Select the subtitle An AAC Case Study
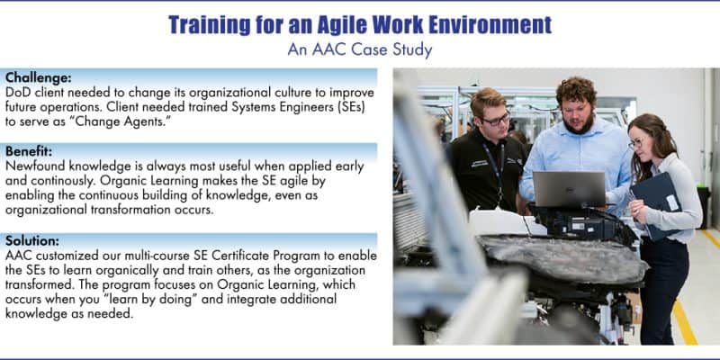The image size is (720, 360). tap(359, 49)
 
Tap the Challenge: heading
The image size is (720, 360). tap(39, 76)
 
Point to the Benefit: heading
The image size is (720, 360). tap(29, 150)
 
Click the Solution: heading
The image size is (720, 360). tap(32, 240)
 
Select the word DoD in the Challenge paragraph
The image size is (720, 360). tap(18, 93)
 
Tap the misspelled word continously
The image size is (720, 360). tap(67, 182)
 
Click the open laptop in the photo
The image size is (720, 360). tap(569, 189)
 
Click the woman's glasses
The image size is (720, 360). tap(636, 143)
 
